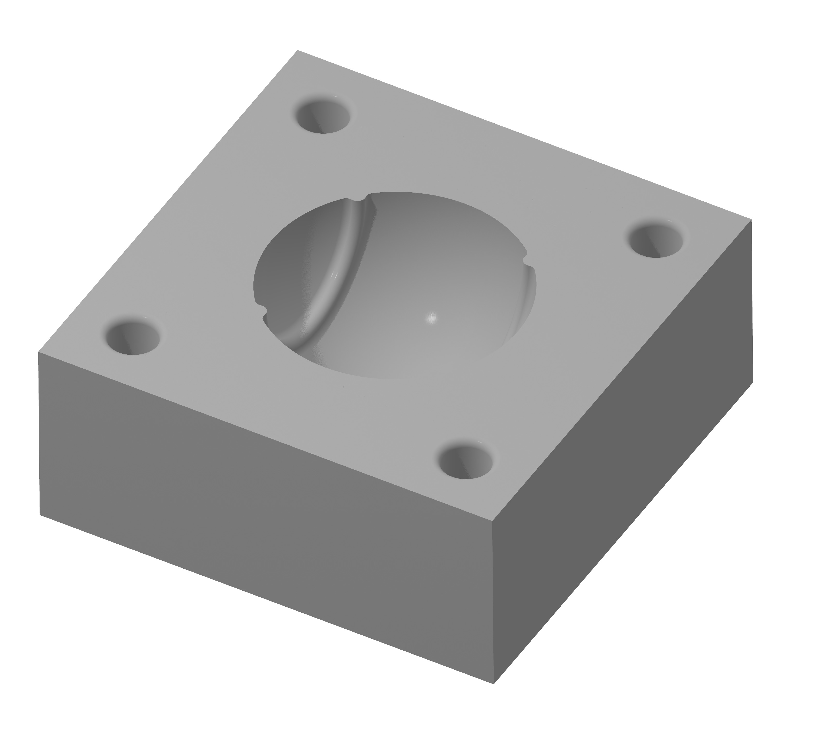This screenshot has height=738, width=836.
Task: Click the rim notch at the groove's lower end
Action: click(x=262, y=309)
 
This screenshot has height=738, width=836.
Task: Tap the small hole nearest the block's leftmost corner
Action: click(x=132, y=338)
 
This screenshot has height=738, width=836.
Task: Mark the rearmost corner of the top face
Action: click(x=298, y=50)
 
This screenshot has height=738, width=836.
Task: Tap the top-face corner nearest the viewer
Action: click(x=493, y=521)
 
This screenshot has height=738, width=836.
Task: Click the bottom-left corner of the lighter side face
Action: click(x=40, y=514)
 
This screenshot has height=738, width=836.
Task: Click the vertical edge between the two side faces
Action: click(x=493, y=601)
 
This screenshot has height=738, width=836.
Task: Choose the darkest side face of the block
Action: click(x=622, y=450)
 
